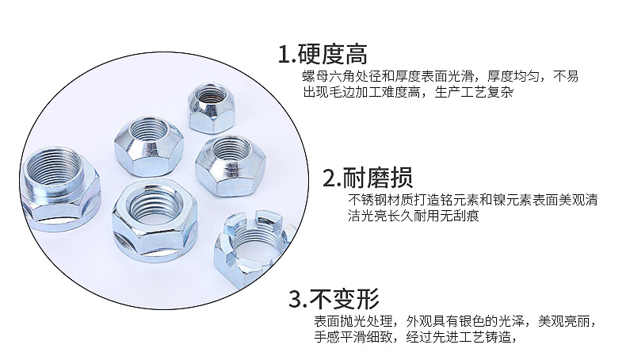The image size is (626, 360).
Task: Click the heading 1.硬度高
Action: pyautogui.click(x=323, y=55)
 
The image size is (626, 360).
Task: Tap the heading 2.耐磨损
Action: pyautogui.click(x=368, y=178)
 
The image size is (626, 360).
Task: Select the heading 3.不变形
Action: pyautogui.click(x=334, y=299)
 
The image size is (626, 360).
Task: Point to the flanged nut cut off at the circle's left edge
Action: pyautogui.click(x=60, y=189)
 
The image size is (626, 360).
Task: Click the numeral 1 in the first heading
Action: pyautogui.click(x=284, y=55)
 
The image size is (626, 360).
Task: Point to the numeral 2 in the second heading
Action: pyautogui.click(x=330, y=178)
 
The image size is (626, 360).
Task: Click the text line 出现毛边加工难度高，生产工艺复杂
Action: pyautogui.click(x=408, y=93)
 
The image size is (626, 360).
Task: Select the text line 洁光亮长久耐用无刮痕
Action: pyautogui.click(x=413, y=216)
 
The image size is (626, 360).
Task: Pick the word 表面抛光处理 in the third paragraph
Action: pyautogui.click(x=353, y=321)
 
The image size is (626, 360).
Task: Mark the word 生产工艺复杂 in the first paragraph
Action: pyautogui.click(x=475, y=93)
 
